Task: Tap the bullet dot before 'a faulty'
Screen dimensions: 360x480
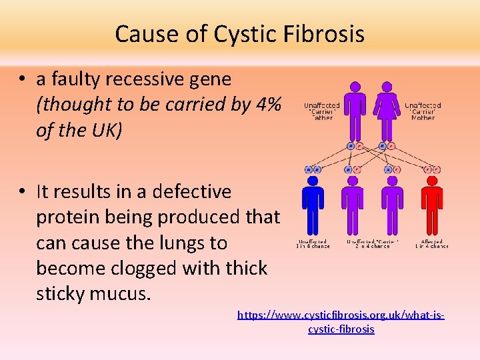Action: (x=23, y=79)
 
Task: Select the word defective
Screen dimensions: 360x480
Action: (x=192, y=192)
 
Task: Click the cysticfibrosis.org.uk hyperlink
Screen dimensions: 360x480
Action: (x=341, y=321)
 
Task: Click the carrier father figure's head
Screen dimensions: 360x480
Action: (x=355, y=86)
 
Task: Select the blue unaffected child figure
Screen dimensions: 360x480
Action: (x=312, y=203)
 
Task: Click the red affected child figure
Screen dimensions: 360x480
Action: (x=433, y=203)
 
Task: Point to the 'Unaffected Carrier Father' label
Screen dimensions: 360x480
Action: (x=322, y=111)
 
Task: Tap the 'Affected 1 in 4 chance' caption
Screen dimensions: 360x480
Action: (x=432, y=244)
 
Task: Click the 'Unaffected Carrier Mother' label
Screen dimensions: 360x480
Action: (x=423, y=111)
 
